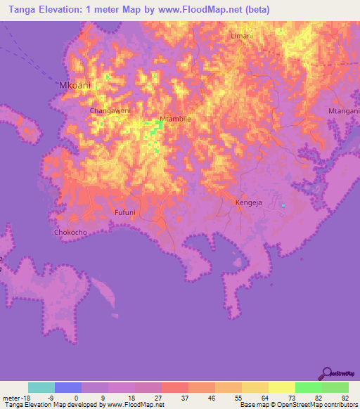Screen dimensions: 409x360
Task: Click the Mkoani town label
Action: click(x=75, y=85)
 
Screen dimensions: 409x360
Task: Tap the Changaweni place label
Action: click(x=108, y=111)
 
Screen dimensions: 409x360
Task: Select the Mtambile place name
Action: click(x=175, y=119)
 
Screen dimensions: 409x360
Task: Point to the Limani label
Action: click(x=241, y=36)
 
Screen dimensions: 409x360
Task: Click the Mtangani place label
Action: click(x=344, y=111)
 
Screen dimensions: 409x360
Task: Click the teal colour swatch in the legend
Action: click(x=41, y=387)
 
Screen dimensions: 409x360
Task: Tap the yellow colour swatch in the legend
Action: click(x=281, y=387)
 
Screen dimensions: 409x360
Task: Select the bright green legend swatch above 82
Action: click(x=308, y=387)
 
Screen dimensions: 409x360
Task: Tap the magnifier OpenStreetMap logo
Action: click(x=326, y=374)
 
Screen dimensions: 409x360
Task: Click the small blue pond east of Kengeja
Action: click(x=283, y=206)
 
